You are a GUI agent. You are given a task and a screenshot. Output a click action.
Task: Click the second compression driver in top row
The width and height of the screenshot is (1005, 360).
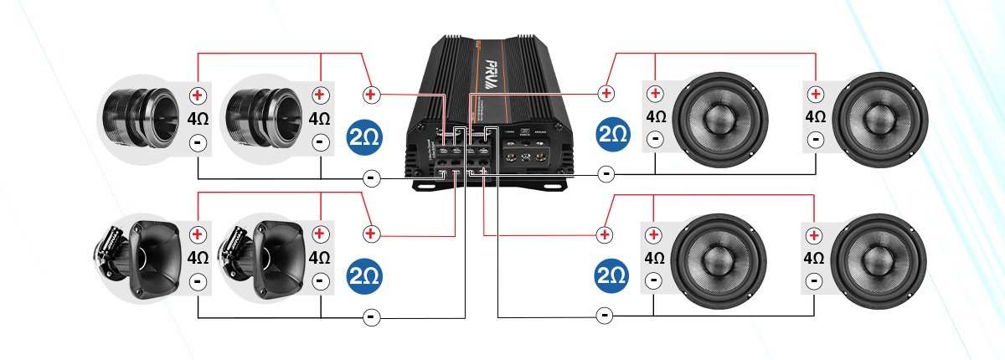coord(260,115)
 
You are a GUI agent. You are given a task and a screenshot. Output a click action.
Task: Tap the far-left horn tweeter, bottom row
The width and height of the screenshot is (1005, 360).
coord(134,255)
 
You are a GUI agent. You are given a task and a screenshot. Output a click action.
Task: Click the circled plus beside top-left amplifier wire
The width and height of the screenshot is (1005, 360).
coord(371,94)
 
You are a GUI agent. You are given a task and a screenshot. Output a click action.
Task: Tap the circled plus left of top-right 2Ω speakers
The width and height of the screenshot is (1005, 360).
coord(606,92)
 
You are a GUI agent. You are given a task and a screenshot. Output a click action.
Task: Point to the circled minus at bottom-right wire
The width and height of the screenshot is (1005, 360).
coord(605,316)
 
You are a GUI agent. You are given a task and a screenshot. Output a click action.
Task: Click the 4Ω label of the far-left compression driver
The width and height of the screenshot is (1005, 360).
coord(197,118)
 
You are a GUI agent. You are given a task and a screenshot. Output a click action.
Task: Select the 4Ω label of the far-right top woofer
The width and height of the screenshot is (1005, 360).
coord(813,116)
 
